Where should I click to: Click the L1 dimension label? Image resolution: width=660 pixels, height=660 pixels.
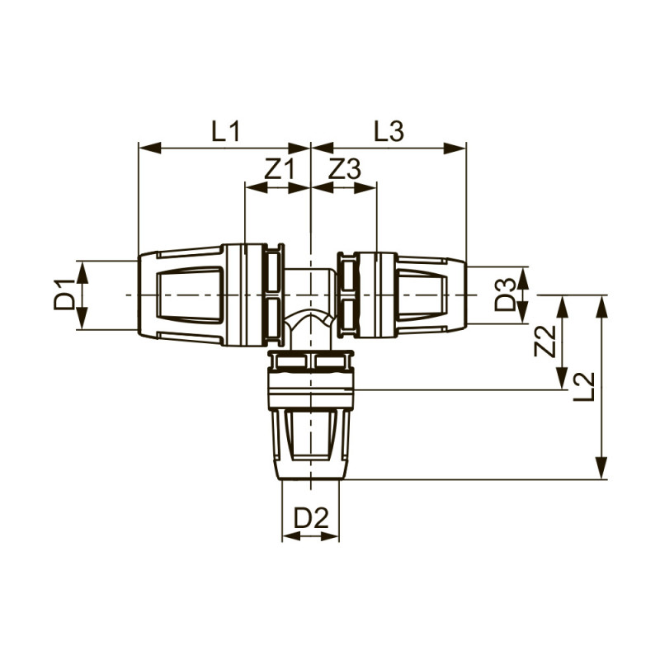pyautogui.click(x=224, y=130)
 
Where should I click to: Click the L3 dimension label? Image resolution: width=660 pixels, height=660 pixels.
pyautogui.click(x=388, y=130)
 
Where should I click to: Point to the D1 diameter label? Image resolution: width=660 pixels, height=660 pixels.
pyautogui.click(x=64, y=295)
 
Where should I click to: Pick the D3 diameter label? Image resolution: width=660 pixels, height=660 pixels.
pyautogui.click(x=505, y=295)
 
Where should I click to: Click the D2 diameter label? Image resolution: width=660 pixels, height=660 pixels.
pyautogui.click(x=311, y=518)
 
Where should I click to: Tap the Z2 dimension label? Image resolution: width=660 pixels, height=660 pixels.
pyautogui.click(x=543, y=342)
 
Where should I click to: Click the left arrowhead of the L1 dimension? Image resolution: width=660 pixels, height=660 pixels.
pyautogui.click(x=144, y=148)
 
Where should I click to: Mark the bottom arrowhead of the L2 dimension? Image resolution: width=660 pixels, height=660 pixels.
pyautogui.click(x=601, y=473)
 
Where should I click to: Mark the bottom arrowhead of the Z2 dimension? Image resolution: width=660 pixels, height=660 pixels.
pyautogui.click(x=563, y=384)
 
